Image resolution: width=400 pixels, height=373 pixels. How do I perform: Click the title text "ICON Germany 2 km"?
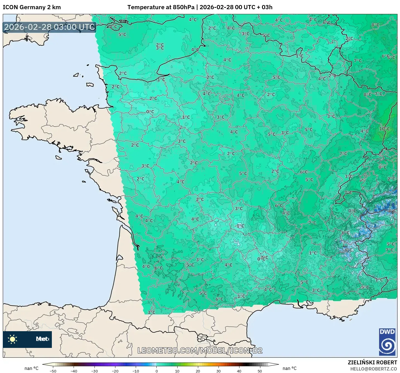[32, 7]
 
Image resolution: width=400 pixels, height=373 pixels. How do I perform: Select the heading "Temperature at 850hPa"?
[161, 7]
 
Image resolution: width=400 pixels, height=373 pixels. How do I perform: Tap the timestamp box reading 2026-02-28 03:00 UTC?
[50, 27]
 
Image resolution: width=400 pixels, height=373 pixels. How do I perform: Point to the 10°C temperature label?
[384, 129]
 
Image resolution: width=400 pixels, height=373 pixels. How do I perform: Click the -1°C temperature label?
[239, 226]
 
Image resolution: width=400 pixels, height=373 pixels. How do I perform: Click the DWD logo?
[387, 342]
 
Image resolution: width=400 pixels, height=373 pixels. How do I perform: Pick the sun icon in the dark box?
[13, 339]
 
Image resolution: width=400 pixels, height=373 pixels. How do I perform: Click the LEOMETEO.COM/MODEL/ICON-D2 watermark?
[200, 350]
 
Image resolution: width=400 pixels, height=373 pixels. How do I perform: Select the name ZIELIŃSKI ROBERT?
[372, 362]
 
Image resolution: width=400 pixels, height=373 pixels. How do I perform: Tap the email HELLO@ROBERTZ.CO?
[374, 369]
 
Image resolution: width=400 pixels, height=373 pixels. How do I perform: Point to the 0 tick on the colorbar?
[156, 371]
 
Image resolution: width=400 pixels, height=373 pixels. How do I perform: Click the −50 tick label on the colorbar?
[53, 371]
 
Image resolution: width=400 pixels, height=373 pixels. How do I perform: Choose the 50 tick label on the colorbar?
[260, 371]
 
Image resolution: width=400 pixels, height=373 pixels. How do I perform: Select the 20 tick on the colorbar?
[198, 371]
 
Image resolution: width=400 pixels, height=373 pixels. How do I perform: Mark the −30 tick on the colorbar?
[94, 371]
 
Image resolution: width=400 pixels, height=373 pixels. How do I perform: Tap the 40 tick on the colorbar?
[239, 371]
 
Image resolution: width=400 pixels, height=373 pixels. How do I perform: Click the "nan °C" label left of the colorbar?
[31, 368]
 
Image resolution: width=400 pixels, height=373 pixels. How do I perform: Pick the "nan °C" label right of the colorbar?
[289, 368]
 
